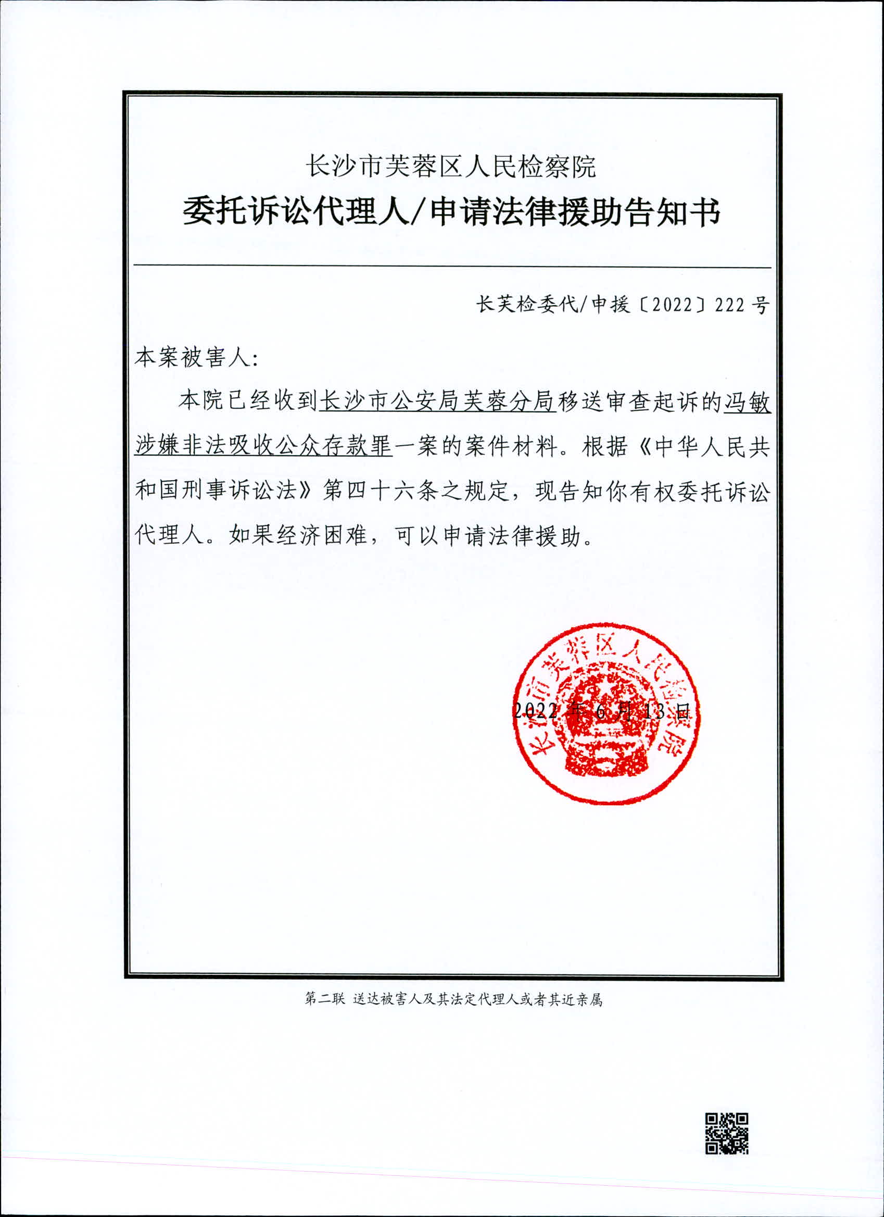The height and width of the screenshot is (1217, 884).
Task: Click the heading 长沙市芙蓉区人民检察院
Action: point(450,166)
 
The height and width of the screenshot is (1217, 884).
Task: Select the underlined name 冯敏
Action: point(747,402)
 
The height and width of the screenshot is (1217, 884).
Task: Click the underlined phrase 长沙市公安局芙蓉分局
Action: point(437,402)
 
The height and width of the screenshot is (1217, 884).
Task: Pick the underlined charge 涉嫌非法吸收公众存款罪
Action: point(263,446)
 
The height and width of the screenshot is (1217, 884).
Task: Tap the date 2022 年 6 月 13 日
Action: point(601,711)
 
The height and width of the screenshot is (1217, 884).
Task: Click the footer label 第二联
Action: point(324,1000)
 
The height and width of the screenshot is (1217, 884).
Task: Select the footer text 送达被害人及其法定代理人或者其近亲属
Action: point(477,1000)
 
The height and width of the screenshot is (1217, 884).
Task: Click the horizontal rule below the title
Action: point(452,266)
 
